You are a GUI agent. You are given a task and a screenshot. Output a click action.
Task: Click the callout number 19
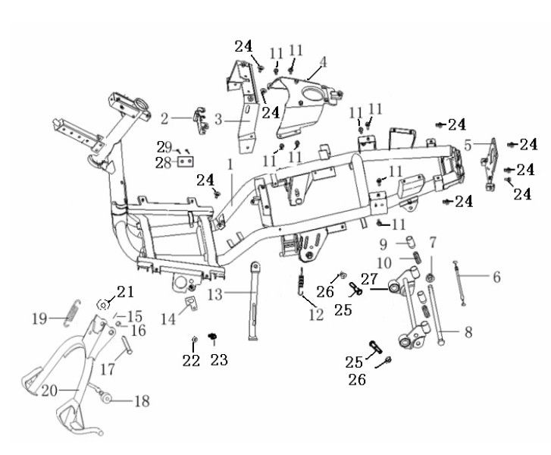[x=40, y=318]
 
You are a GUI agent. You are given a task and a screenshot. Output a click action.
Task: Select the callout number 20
[x=49, y=392]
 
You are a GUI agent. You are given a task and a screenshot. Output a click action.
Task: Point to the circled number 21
[x=124, y=292]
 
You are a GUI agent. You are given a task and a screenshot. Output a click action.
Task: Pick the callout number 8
[x=467, y=332]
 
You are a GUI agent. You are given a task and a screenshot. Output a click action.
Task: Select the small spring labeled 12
[x=302, y=282]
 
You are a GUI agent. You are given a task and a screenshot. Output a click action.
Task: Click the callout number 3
[x=218, y=119]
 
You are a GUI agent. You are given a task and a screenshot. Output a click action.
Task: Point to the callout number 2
[x=164, y=118]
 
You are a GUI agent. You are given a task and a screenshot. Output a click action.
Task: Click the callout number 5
[x=468, y=143]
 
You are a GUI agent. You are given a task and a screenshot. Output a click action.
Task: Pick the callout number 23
[x=219, y=360]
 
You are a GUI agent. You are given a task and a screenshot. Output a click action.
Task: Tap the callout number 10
[x=384, y=262]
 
